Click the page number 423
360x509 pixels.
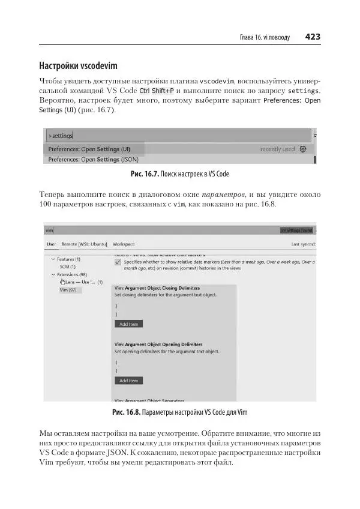[313, 37]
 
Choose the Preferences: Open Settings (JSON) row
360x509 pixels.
[93, 160]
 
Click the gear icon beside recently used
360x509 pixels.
[302, 149]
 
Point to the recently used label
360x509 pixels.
[277, 149]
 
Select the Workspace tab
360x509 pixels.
[124, 244]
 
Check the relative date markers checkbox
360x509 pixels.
[118, 263]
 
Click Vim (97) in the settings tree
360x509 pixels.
[68, 290]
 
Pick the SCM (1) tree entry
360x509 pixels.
[67, 267]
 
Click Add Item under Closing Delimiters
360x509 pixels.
[128, 324]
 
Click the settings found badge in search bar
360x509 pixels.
[296, 230]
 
